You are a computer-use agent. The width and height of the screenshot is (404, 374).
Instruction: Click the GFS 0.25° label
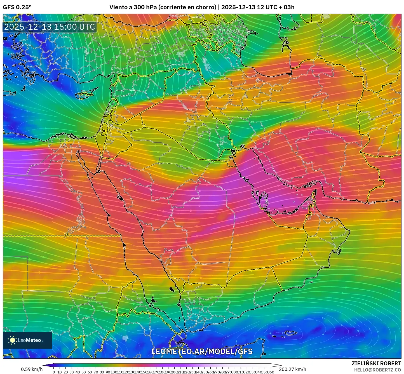(17, 7)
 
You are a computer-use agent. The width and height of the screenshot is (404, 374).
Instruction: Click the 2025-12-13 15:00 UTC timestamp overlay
(50, 27)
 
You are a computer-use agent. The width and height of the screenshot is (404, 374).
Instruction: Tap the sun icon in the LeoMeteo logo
(13, 340)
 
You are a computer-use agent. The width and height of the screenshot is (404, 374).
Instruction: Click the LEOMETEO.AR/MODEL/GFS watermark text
(202, 351)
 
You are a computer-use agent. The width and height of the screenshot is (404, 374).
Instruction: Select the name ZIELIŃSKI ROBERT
(376, 363)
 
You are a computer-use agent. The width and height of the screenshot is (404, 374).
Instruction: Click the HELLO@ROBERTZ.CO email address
(377, 370)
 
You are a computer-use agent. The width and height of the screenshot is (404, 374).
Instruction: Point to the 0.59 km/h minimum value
(32, 369)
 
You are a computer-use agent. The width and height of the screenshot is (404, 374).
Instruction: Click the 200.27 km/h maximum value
(292, 369)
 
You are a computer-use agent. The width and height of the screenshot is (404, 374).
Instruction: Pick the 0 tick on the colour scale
(54, 372)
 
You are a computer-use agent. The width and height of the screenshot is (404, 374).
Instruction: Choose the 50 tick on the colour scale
(83, 372)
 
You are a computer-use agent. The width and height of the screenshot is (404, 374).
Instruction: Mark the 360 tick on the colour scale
(271, 372)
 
